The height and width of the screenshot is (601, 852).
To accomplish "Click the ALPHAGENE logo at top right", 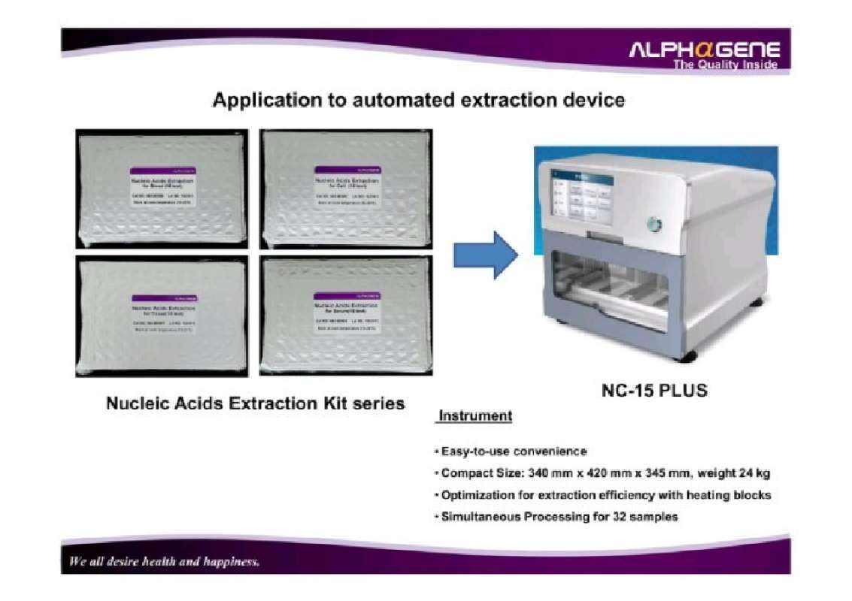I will click(704, 50).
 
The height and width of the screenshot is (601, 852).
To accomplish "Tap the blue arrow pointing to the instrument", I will click(485, 255).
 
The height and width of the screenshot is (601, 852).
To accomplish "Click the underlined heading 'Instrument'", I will click(475, 415).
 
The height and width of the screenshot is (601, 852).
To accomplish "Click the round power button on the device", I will click(654, 224).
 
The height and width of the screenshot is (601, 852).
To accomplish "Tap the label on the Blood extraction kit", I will click(163, 187).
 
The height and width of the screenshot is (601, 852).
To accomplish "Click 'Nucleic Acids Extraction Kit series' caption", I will click(255, 403).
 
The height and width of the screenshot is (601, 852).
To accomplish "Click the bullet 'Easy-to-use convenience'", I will click(514, 452).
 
